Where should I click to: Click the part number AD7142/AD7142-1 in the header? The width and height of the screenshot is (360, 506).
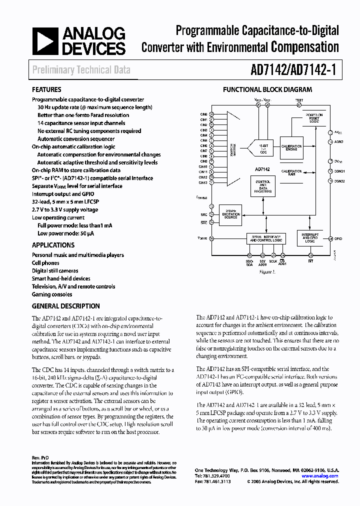pyautogui.click(x=290, y=70)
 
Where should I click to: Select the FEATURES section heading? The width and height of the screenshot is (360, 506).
pyautogui.click(x=46, y=90)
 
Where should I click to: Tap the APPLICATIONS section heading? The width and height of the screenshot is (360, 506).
pyautogui.click(x=53, y=245)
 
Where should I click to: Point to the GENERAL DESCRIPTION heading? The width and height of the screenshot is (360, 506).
pyautogui.click(x=65, y=306)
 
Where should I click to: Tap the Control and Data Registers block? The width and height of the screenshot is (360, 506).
pyautogui.click(x=263, y=186)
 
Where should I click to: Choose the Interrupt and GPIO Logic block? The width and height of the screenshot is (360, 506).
pyautogui.click(x=310, y=238)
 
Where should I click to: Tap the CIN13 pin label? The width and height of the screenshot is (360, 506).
pyautogui.click(x=203, y=182)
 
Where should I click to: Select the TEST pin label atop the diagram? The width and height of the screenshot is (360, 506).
pyautogui.click(x=299, y=100)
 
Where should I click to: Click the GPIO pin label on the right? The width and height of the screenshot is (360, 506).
pyautogui.click(x=338, y=238)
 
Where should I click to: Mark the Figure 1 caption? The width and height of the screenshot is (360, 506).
pyautogui.click(x=267, y=272)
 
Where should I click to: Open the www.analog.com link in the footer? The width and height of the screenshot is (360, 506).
pyautogui.click(x=326, y=476)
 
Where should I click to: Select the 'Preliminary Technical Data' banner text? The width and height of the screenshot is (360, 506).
pyautogui.click(x=81, y=70)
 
